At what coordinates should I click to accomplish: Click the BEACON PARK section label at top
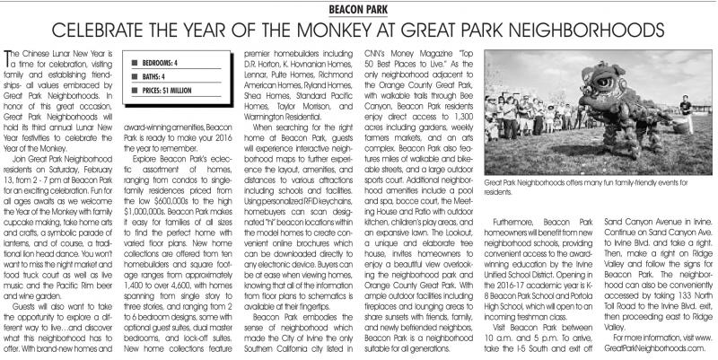click(358, 8)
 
